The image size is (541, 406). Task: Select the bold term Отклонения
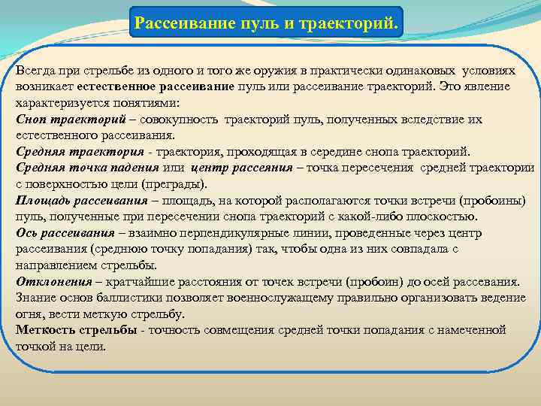[x=53, y=282]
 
